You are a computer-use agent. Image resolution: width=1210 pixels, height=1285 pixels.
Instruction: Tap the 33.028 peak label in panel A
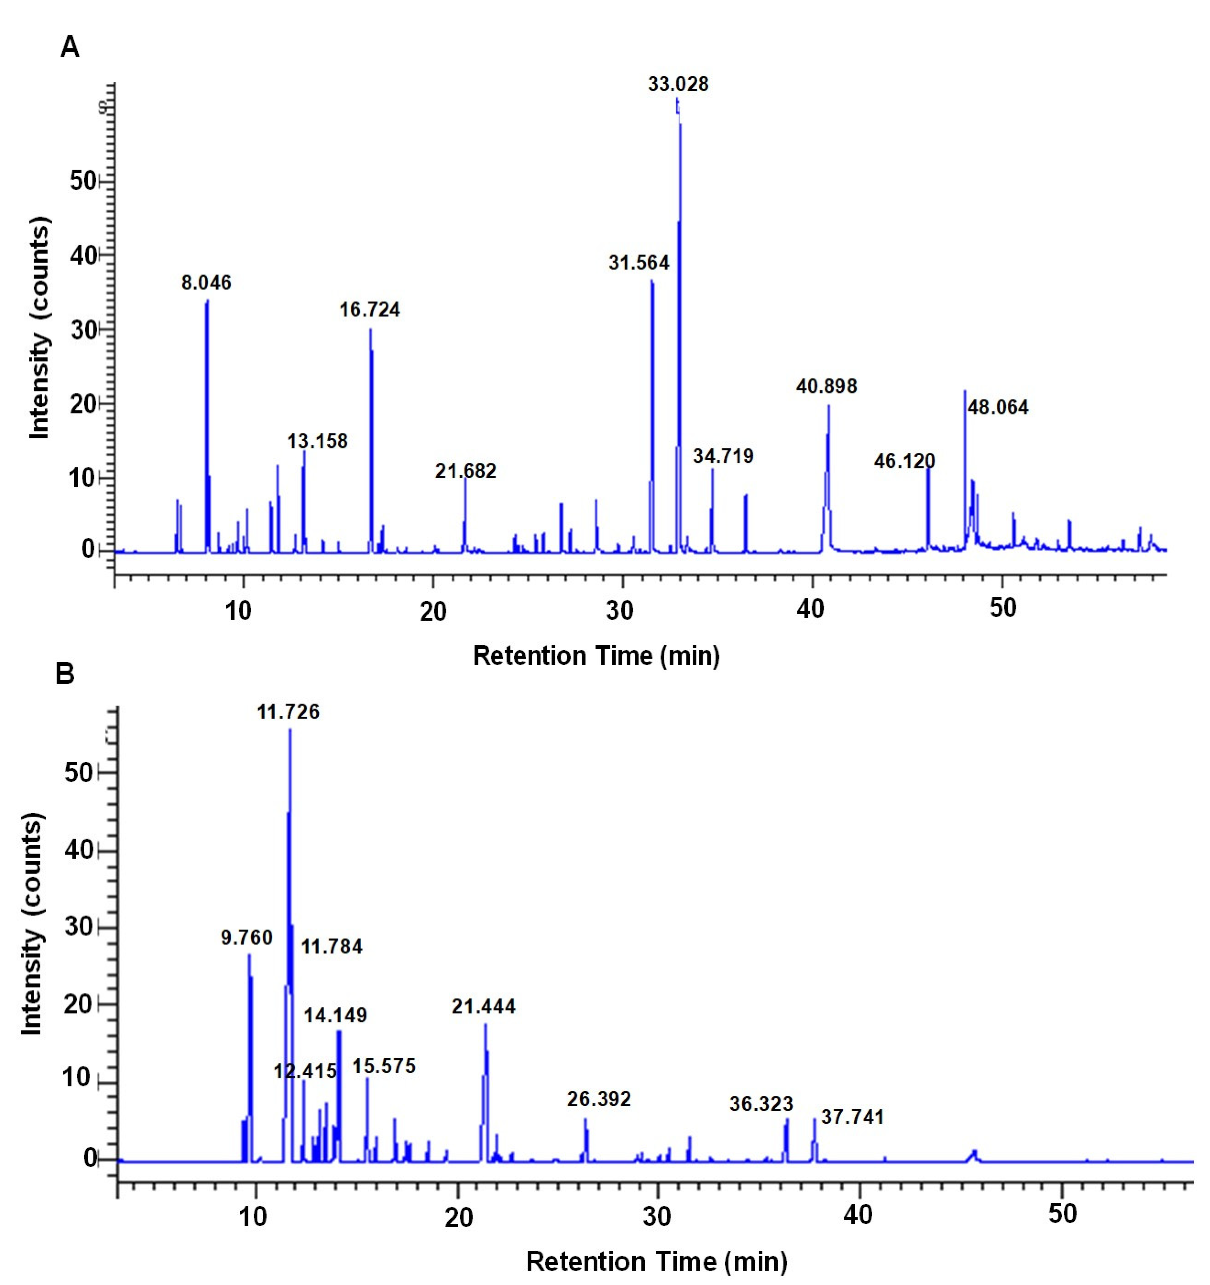pos(678,84)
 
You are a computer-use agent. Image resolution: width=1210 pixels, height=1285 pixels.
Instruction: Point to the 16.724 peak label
pos(370,310)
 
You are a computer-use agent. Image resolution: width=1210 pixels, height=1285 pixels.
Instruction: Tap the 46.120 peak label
pos(904,461)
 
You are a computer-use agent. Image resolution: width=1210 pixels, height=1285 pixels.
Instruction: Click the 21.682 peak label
pos(465,471)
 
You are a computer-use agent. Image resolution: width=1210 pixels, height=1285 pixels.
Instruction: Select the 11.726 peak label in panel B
pos(288,712)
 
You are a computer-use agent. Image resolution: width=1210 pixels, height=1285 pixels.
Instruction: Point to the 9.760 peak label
pos(246,937)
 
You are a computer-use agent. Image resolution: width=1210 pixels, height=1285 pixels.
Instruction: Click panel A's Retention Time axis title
pos(596,656)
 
